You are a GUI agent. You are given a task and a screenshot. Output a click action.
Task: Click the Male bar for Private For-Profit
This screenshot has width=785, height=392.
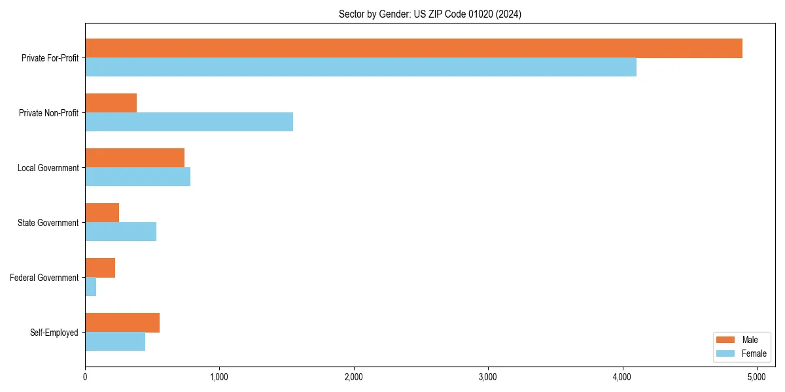[413, 48]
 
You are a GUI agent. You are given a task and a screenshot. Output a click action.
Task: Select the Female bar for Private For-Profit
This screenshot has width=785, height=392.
[360, 67]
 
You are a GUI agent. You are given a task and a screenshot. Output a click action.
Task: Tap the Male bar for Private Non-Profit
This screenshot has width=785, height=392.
[111, 103]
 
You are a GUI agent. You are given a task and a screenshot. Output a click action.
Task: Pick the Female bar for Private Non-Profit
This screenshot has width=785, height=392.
[189, 122]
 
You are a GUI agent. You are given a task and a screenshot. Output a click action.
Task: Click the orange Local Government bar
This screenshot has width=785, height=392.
[135, 158]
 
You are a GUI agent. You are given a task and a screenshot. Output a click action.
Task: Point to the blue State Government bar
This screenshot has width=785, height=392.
[120, 232]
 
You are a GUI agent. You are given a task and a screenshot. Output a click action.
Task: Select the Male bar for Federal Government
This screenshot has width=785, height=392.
[100, 268]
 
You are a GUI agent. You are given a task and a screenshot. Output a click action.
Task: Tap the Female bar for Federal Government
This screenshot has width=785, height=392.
[90, 287]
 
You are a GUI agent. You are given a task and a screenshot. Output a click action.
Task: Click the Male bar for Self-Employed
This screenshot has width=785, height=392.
[122, 323]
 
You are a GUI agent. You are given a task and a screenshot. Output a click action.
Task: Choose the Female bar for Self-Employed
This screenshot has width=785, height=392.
[115, 342]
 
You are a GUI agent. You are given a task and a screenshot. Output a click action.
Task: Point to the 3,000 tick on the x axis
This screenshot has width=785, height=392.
[488, 377]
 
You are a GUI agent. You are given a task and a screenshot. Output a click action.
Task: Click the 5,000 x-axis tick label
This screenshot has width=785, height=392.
[757, 377]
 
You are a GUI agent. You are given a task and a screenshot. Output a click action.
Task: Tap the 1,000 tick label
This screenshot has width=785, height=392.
[219, 377]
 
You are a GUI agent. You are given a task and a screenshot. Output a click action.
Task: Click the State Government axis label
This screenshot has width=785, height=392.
[48, 223]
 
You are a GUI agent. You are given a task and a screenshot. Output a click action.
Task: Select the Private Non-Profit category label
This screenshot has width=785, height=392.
[48, 113]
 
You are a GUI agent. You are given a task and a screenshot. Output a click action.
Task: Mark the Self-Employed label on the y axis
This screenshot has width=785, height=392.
[54, 333]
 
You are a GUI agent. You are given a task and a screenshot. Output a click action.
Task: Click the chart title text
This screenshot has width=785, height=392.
[430, 14]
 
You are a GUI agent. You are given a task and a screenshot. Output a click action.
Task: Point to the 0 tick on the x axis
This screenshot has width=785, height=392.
[85, 377]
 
